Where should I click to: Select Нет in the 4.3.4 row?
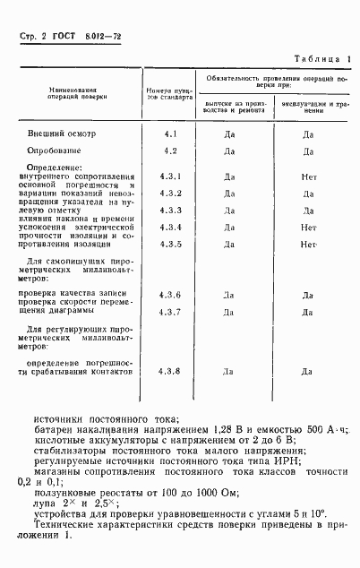(x=309, y=228)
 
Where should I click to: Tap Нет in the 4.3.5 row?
(x=309, y=244)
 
